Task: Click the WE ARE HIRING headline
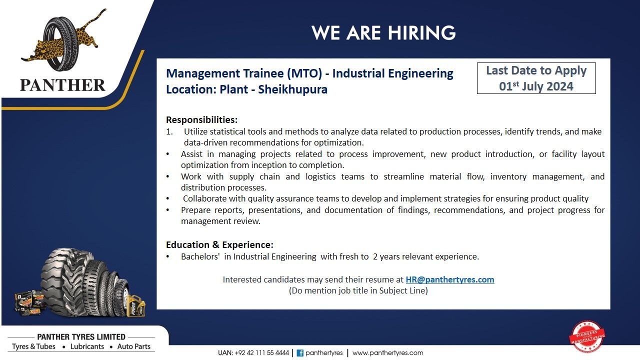pos(383,32)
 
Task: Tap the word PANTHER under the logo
pos(62,85)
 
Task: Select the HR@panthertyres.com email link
pos(450,279)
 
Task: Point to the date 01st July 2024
pos(536,86)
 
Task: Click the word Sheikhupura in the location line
pos(293,89)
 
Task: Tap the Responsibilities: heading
pos(201,119)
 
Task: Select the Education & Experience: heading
pos(219,245)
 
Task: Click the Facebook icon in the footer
pos(300,353)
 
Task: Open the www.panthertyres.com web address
pos(387,353)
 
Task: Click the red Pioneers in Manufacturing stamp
pos(587,336)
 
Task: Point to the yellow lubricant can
pos(136,305)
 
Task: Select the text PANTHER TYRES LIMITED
pos(81,337)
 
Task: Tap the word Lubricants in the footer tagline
pos(87,346)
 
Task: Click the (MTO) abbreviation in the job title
pos(304,73)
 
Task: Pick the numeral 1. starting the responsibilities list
pos(169,131)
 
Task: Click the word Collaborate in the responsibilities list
pos(204,198)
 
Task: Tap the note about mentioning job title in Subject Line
pos(358,290)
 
